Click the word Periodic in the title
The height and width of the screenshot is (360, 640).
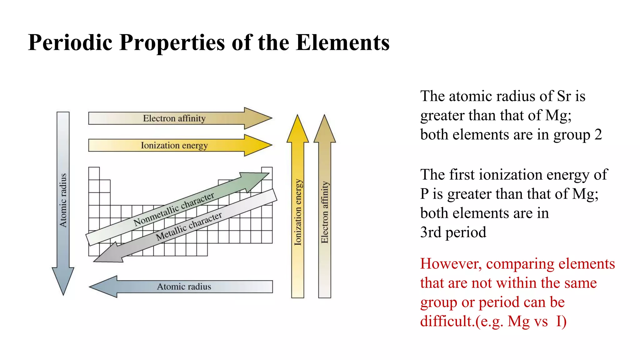click(70, 42)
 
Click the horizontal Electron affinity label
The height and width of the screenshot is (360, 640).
click(174, 118)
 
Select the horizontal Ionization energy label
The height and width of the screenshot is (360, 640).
click(174, 146)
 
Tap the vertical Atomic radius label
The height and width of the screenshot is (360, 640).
click(63, 200)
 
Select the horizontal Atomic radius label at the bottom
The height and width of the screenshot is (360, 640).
click(184, 287)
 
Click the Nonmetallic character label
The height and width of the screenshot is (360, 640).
click(174, 209)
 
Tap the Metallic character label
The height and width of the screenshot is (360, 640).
click(189, 226)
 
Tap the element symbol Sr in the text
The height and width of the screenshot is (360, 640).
click(564, 96)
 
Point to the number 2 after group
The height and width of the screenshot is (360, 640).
click(598, 135)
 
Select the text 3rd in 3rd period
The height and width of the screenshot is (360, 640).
click(431, 232)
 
